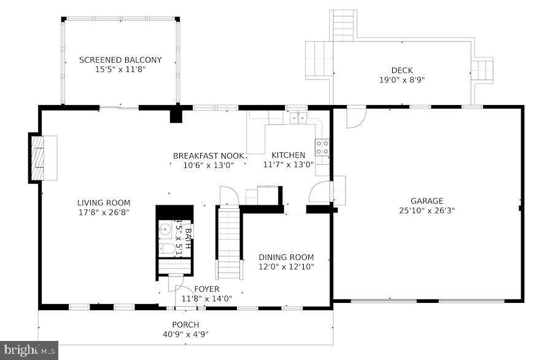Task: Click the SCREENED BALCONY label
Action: tap(120, 60)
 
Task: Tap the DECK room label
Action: tap(402, 70)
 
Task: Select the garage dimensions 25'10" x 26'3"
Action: tap(427, 210)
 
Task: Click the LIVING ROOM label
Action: tap(103, 203)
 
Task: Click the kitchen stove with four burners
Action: tap(322, 147)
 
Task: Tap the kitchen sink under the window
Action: tap(299, 117)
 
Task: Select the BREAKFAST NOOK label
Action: tap(208, 155)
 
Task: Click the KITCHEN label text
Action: tap(288, 155)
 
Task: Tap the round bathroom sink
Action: tap(164, 230)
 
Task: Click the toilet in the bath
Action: tap(166, 249)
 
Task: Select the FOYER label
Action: tap(206, 289)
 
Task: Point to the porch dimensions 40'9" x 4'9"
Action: tap(185, 334)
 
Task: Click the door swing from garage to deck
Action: tap(355, 119)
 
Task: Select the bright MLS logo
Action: tap(29, 350)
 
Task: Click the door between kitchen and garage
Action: tap(320, 192)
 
